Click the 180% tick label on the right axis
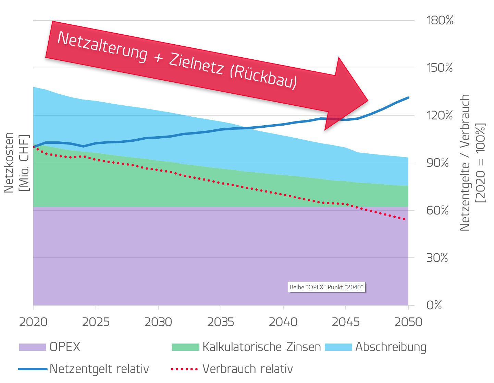440,21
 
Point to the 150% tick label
440,68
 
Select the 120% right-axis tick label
440,115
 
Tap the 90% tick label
437,163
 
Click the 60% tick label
437,210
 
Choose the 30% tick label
437,258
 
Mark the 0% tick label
434,305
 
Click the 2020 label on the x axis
33,322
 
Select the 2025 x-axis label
96,322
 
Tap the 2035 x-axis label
221,322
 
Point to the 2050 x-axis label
408,322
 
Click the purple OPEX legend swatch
33,347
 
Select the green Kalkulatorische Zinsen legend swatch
185,347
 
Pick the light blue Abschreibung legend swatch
338,347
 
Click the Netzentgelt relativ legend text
99,369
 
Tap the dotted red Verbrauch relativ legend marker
184,369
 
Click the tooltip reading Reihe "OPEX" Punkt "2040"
326,287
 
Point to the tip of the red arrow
367,101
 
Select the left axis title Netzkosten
9,163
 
